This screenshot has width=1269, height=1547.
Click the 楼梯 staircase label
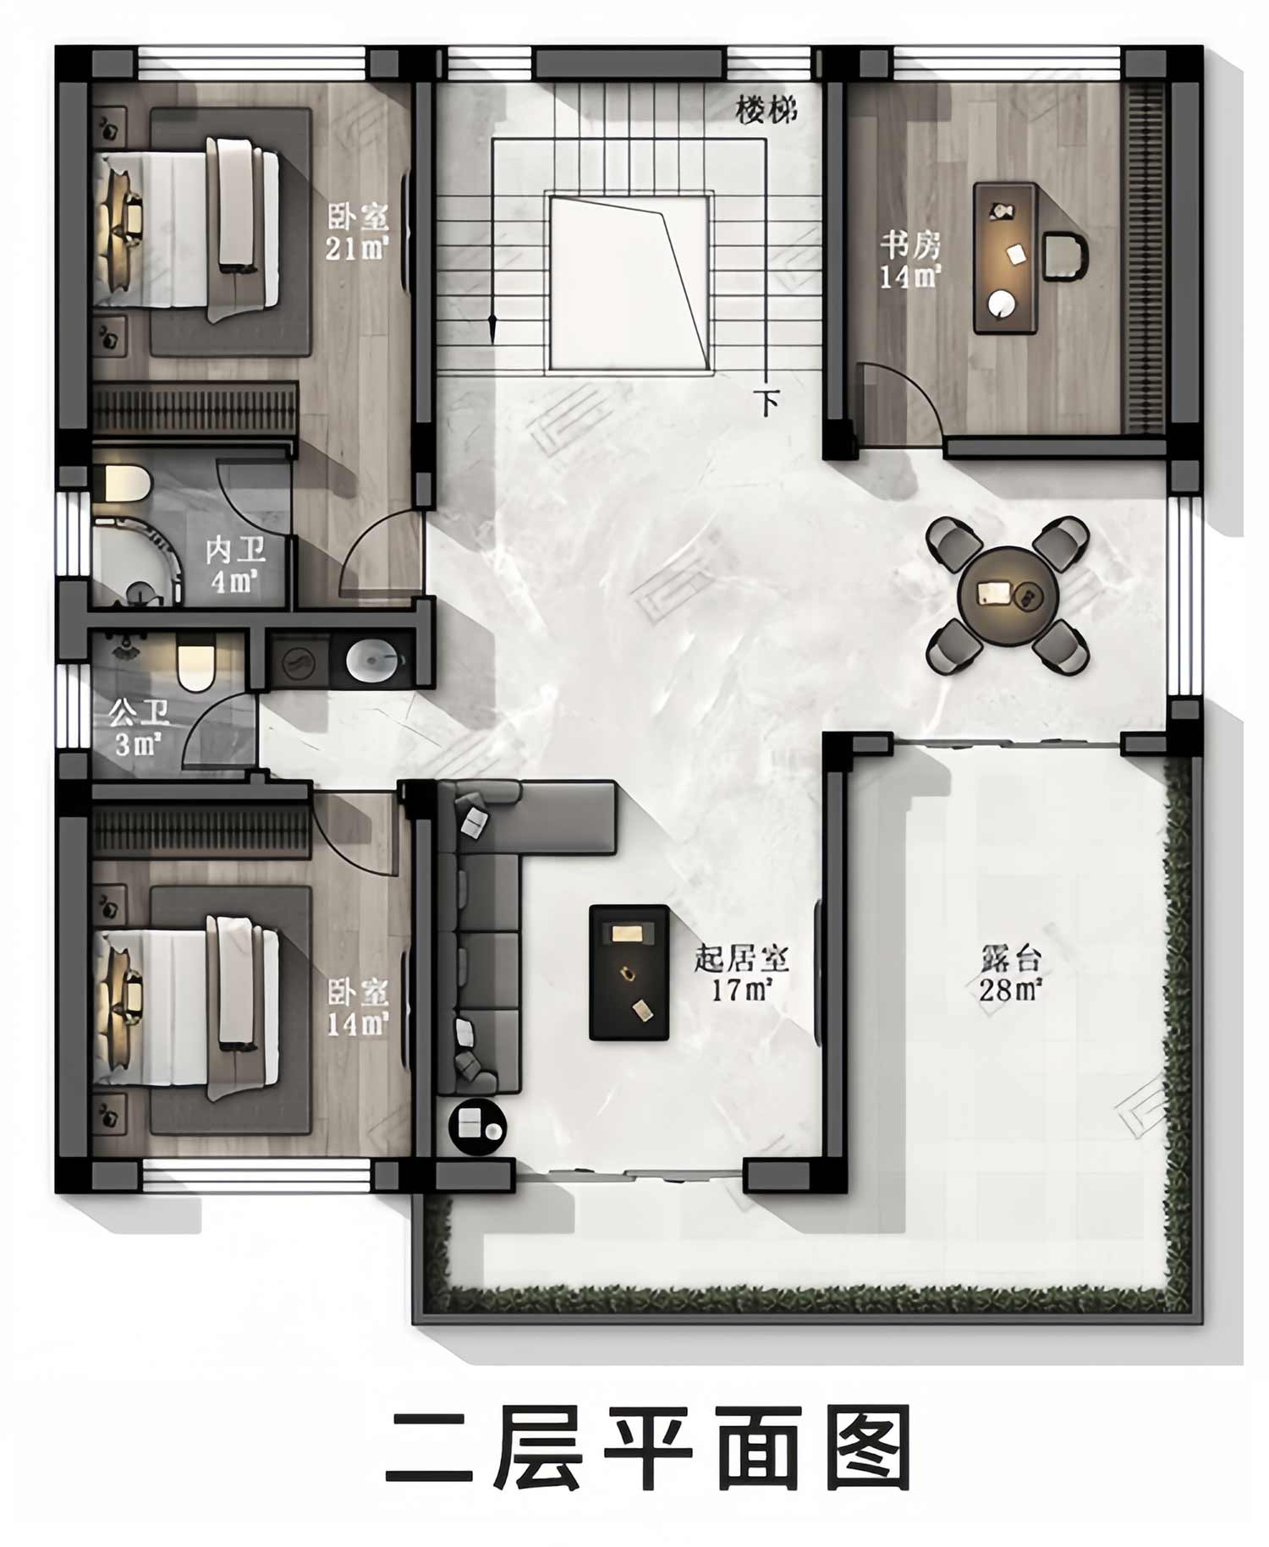tap(766, 110)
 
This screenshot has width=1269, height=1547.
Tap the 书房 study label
tap(909, 246)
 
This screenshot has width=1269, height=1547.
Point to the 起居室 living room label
tap(741, 959)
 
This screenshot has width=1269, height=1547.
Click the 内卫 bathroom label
tap(236, 551)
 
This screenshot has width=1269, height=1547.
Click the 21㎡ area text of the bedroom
tap(357, 249)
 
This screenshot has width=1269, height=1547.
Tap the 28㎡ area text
tap(1010, 989)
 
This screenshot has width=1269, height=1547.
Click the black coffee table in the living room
tap(629, 972)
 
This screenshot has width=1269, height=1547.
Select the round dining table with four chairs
tap(1008, 595)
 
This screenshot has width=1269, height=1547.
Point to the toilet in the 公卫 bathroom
tap(196, 665)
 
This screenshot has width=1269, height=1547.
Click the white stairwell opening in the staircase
tap(629, 283)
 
